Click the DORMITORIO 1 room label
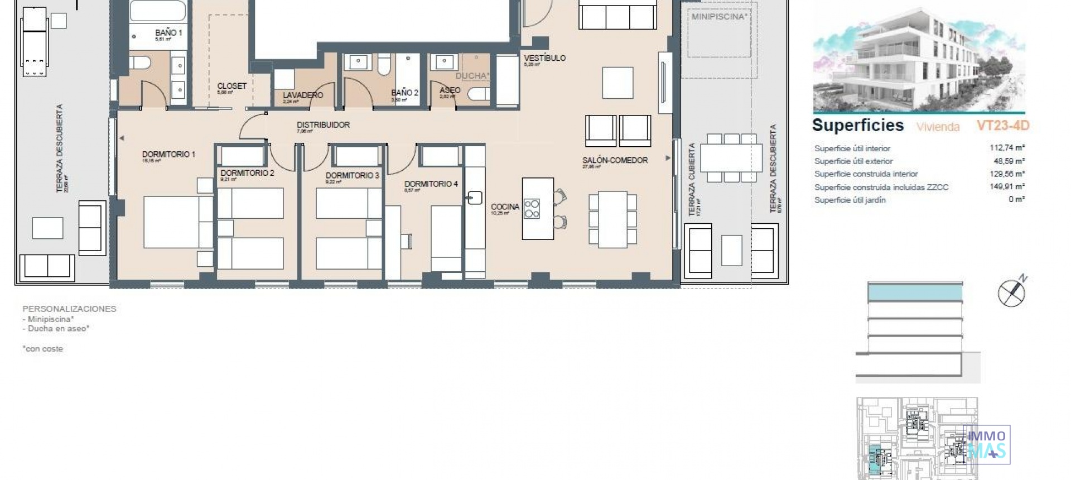pos(168,155)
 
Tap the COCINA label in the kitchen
pos(505,207)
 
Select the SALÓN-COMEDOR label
pos(615,160)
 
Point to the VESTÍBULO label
pos(544,58)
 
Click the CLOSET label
pos(231,86)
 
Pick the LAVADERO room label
pos(302,95)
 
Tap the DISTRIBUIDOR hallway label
pos(323,125)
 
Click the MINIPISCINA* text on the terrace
pos(719,17)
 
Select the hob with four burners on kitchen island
pos(532,208)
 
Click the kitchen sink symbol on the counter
pos(474,198)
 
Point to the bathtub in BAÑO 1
pos(158,11)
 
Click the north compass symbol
pos(1012,292)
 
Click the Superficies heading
pos(857,125)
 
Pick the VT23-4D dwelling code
pos(1002,126)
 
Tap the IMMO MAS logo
pos(987,444)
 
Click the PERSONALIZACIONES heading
pos(69,309)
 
